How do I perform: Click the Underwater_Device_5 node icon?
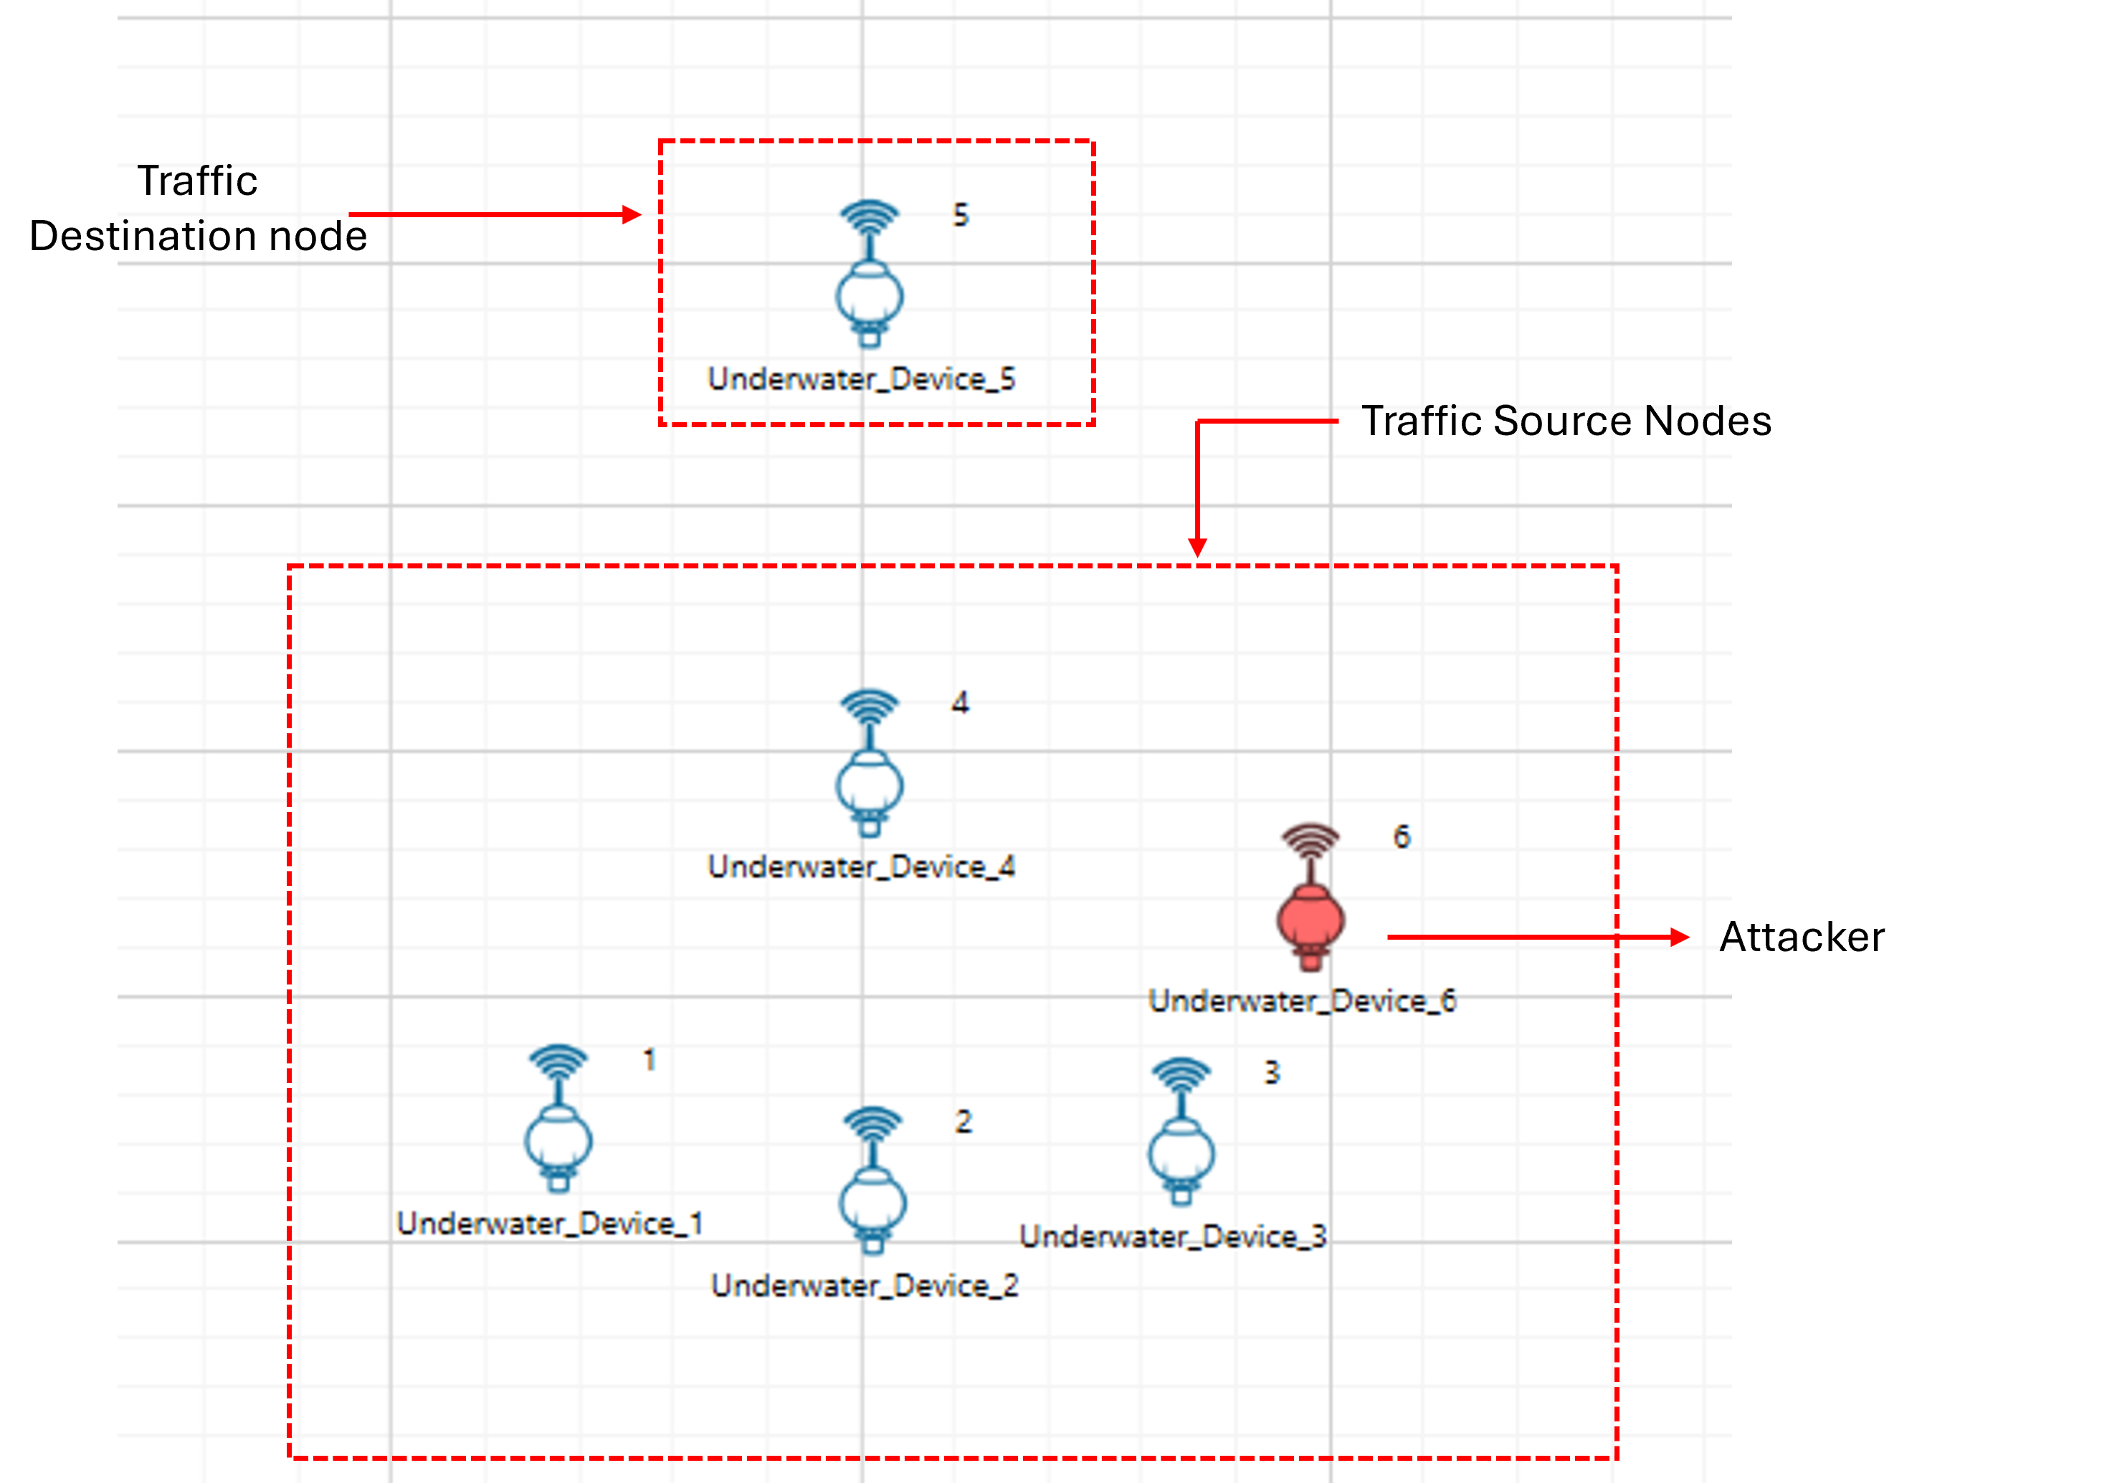tap(870, 276)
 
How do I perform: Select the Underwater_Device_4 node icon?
tap(870, 766)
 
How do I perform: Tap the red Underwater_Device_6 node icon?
tap(1311, 900)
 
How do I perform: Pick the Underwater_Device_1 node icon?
tap(558, 1120)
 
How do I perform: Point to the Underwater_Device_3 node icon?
tap(1181, 1133)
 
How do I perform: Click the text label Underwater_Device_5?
tap(861, 379)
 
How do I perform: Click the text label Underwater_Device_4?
tap(861, 867)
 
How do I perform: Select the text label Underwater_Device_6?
tap(1303, 1001)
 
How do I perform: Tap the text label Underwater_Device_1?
tap(550, 1224)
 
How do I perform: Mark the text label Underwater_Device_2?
tap(865, 1285)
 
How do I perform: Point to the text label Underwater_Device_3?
tap(1173, 1236)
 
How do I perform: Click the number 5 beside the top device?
tap(961, 215)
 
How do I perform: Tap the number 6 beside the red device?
tap(1401, 837)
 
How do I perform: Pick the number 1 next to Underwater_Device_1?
tap(650, 1060)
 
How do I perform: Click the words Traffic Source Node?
tap(1546, 421)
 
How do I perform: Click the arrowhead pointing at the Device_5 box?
tap(632, 215)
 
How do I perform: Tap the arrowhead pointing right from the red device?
tap(1680, 938)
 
